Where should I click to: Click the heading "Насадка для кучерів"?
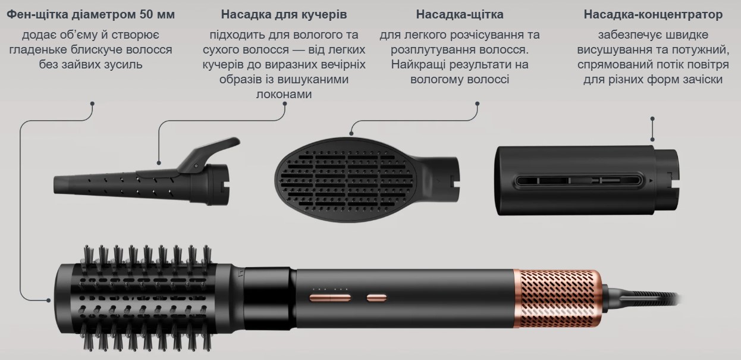pos(284,14)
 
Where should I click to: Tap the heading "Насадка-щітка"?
pos(460,14)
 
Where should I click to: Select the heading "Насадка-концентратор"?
pos(653,14)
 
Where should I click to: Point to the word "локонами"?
pos(284,94)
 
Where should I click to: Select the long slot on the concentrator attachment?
pos(579,181)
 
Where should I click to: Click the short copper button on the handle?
pos(376,298)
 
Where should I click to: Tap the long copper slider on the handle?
pos(330,298)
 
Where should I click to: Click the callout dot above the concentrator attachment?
pos(652,118)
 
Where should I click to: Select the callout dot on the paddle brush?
pos(351,134)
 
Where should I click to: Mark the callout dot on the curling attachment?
pos(159,163)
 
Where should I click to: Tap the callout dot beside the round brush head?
pos(48,300)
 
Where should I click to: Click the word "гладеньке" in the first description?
pos(37,49)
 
